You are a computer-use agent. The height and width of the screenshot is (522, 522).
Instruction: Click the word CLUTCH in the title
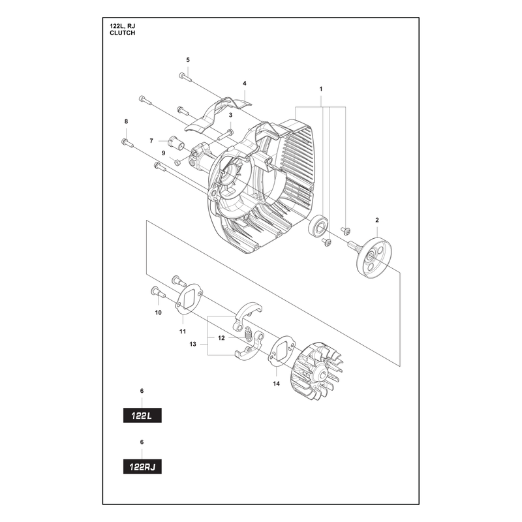(x=122, y=33)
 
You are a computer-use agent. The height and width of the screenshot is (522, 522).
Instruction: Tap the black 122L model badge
(x=142, y=416)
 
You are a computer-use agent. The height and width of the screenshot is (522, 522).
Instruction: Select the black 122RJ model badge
(x=142, y=467)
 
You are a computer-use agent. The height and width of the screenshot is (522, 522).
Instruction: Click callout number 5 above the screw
(x=188, y=60)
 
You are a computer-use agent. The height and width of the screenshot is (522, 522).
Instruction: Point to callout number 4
(x=244, y=84)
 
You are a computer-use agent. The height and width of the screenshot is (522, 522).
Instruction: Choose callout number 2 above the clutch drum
(x=377, y=220)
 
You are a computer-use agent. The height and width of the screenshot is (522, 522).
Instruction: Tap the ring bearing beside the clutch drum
(x=318, y=226)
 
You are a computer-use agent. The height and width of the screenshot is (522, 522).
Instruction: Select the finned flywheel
(x=317, y=370)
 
